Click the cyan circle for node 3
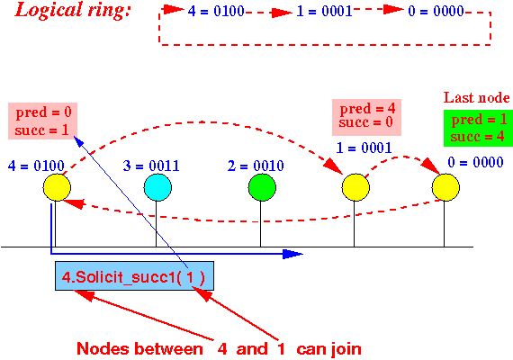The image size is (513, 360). pos(157,187)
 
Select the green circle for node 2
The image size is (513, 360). pos(262,187)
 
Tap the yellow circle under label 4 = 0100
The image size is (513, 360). pos(57,187)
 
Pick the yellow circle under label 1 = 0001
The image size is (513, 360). pos(355,187)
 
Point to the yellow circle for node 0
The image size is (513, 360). pos(445,187)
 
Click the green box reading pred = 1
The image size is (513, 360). pos(478,128)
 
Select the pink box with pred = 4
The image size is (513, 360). pos(367,118)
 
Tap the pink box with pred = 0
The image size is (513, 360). pos(42,121)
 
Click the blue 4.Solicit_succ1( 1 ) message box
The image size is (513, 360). pos(134,276)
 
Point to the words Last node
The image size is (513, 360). pos(476,98)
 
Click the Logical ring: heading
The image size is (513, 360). pos(73,10)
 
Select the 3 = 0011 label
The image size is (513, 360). pos(151,166)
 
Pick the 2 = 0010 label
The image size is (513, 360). pos(256,166)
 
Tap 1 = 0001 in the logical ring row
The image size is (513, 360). pos(324,11)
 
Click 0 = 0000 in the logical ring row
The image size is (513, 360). pos(436,11)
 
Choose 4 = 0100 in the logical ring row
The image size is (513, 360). pos(216,11)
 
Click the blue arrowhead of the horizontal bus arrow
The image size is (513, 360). pos(292,254)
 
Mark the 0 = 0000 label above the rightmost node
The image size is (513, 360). pos(475,162)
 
